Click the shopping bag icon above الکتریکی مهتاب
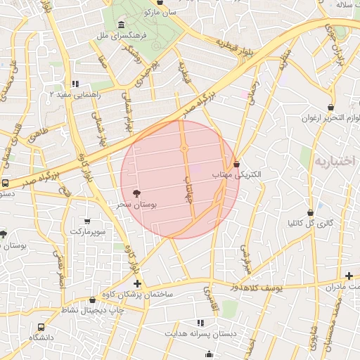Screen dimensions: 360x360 [237, 163]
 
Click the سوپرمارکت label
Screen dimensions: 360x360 [87, 231]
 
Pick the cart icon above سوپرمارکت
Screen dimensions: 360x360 [87, 220]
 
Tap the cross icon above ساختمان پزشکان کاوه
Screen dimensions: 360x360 [137, 283]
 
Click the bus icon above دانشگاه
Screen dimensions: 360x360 [41, 327]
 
